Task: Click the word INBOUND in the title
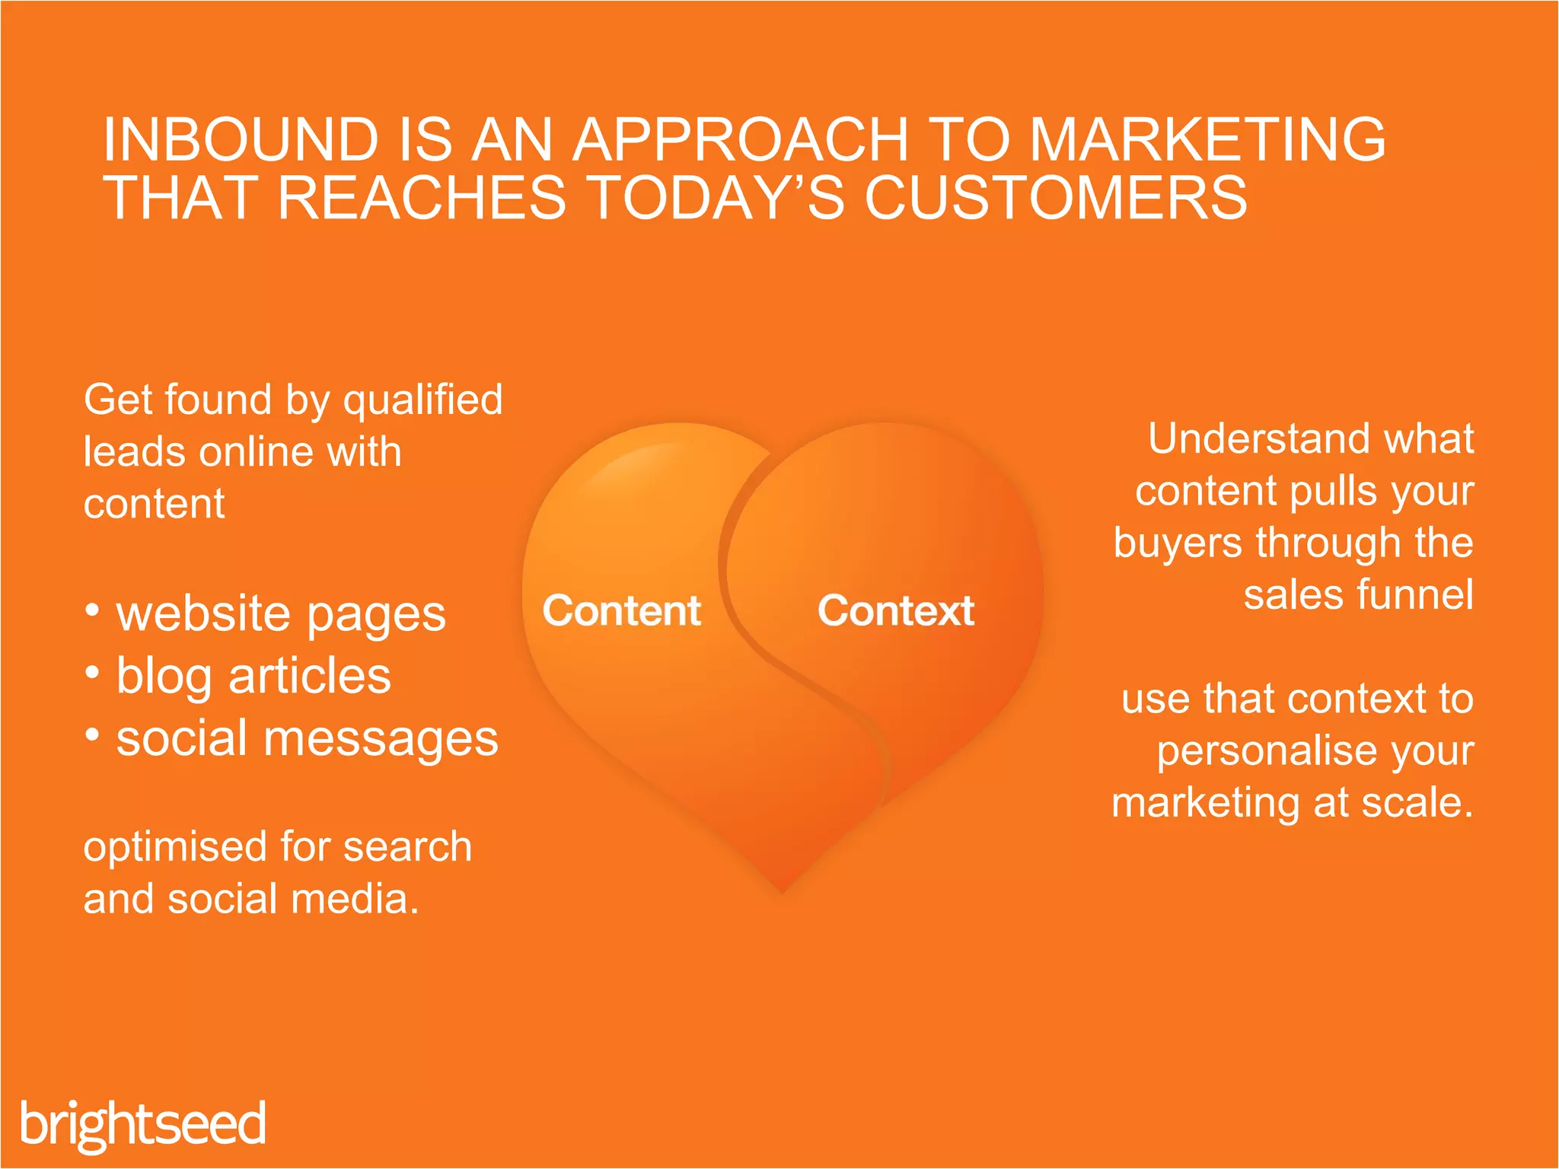pyautogui.click(x=241, y=140)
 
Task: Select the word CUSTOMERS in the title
pyautogui.click(x=1056, y=199)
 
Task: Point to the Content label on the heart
pyautogui.click(x=621, y=610)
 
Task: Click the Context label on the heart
pyautogui.click(x=896, y=610)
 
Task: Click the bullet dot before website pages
pyautogui.click(x=92, y=610)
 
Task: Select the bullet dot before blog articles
pyautogui.click(x=92, y=673)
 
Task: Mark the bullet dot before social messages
pyautogui.click(x=92, y=735)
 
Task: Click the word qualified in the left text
pyautogui.click(x=423, y=400)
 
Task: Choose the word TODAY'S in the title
pyautogui.click(x=716, y=199)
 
